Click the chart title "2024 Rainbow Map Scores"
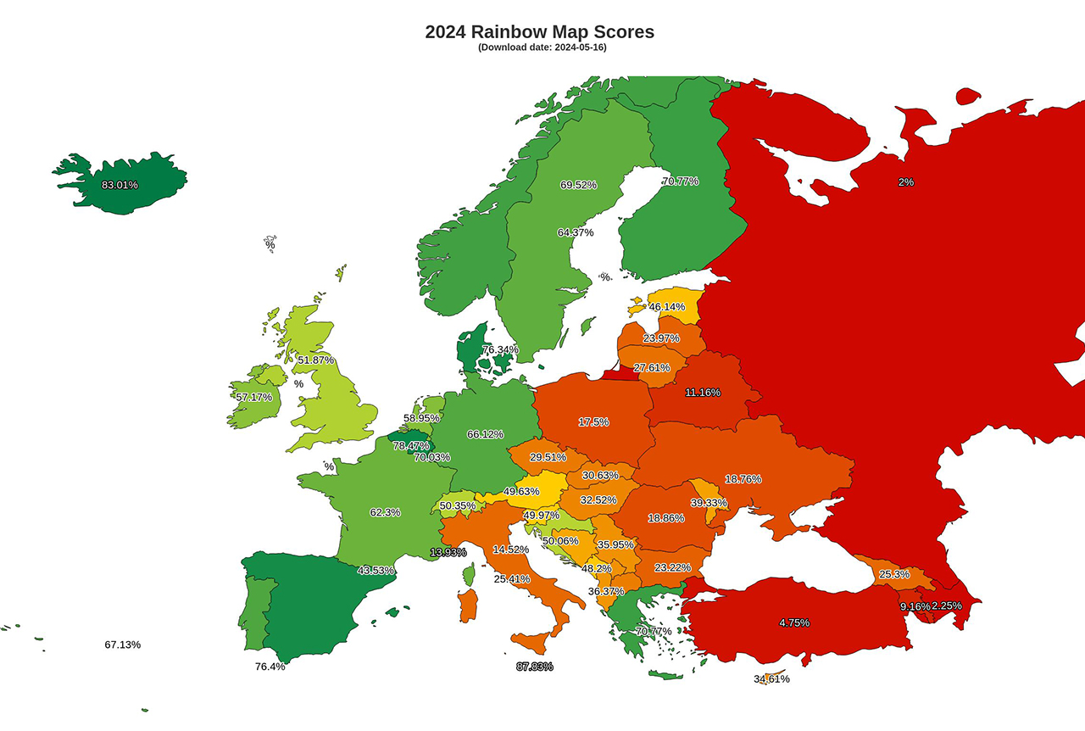pos(539,32)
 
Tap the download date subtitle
pos(542,47)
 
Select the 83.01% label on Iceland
pos(120,185)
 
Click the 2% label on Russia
pos(906,182)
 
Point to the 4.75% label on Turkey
pos(794,623)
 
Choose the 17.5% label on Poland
pos(593,422)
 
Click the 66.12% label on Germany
pos(485,434)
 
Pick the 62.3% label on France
pos(385,513)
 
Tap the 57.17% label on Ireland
pos(254,397)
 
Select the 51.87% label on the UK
pos(315,360)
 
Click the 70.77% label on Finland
pos(680,181)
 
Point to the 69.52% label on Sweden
pos(578,185)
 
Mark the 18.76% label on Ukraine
pos(743,479)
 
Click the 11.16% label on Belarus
pos(703,393)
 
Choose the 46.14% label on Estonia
pos(666,307)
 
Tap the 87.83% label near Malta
pos(534,667)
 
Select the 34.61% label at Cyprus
pos(771,679)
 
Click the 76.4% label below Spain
pos(270,667)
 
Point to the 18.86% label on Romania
pos(665,518)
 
